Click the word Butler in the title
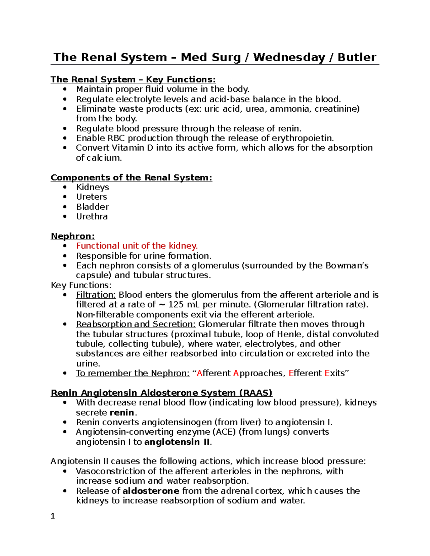click(x=357, y=57)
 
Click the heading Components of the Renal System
click(x=131, y=178)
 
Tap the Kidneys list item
click(x=92, y=187)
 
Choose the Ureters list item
click(x=91, y=197)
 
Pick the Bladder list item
click(x=92, y=207)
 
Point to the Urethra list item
click(x=92, y=217)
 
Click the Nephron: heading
click(x=73, y=236)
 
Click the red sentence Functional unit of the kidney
click(x=137, y=246)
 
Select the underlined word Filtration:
click(x=96, y=295)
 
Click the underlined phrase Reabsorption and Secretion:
click(x=136, y=324)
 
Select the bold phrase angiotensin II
click(x=177, y=442)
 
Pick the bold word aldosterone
click(x=151, y=491)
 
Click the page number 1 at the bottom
click(x=53, y=516)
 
